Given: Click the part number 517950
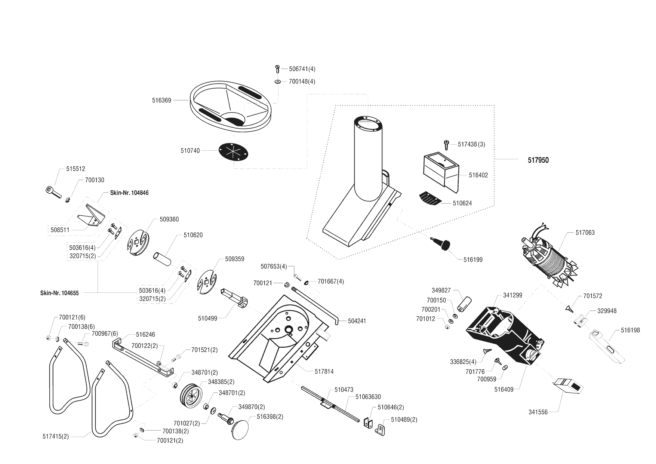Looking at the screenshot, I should (x=538, y=160).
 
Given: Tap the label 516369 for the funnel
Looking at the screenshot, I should (x=161, y=100).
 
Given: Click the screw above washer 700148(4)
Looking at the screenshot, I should (x=277, y=69).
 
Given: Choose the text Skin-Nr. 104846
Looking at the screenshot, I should (x=129, y=193).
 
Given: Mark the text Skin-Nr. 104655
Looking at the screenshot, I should (x=59, y=293).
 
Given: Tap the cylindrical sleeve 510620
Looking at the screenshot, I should (x=162, y=258).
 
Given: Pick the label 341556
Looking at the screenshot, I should (x=538, y=412).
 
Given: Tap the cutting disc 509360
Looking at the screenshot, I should (x=136, y=243).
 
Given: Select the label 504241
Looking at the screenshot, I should (x=357, y=321).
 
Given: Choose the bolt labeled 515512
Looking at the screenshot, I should (x=54, y=192).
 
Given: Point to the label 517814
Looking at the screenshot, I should (x=324, y=371).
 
